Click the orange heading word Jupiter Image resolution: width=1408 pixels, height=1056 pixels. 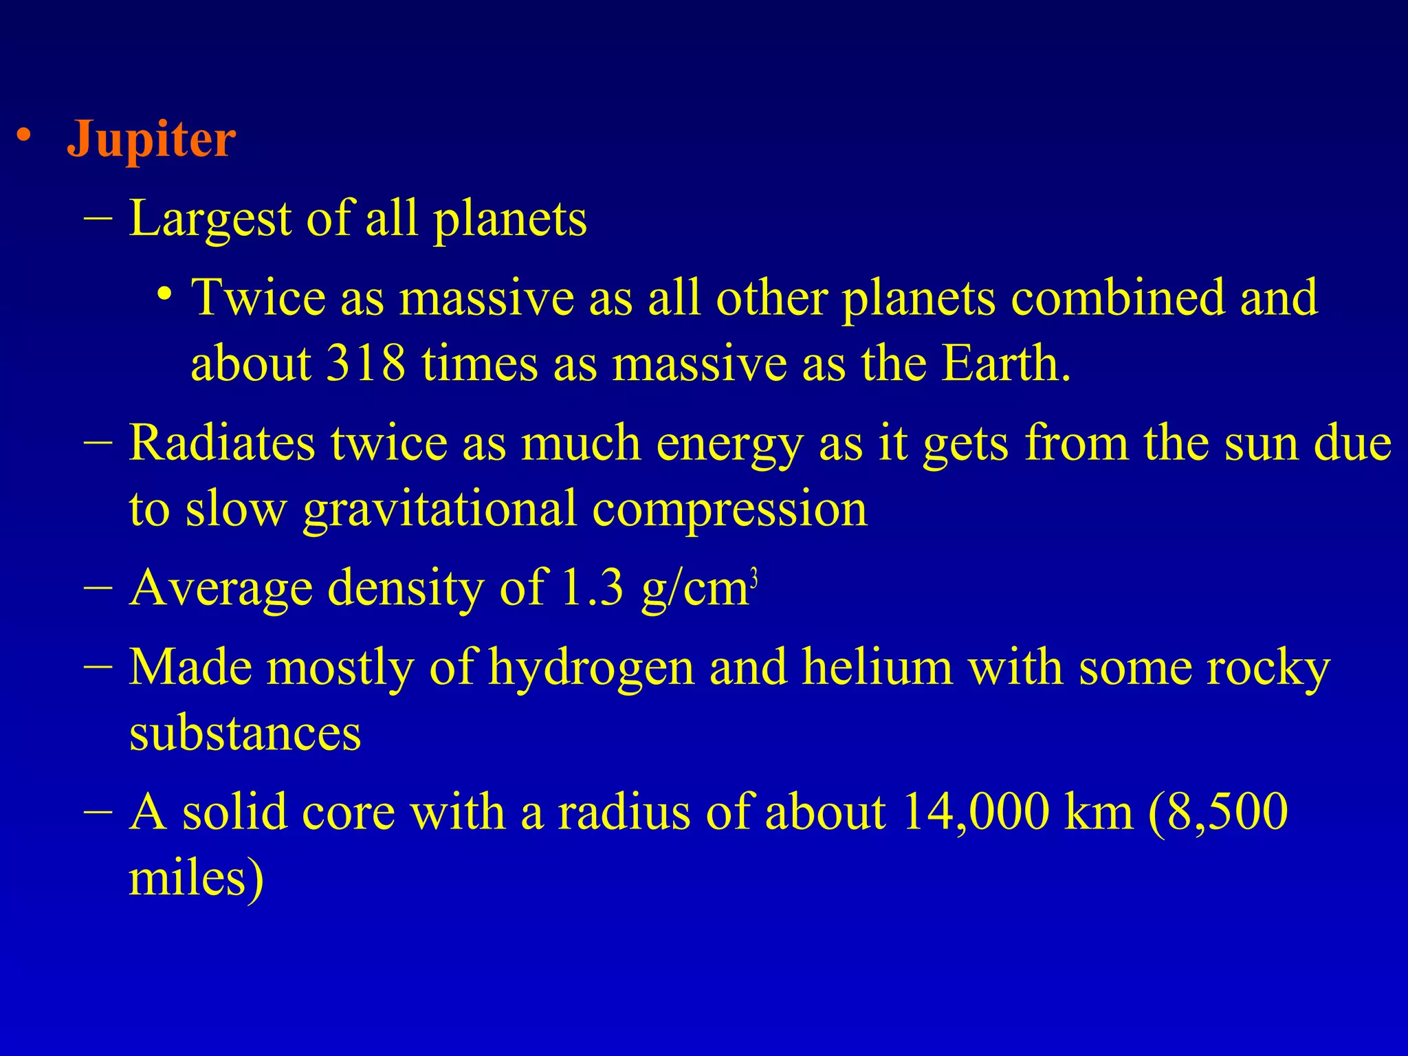coord(151,140)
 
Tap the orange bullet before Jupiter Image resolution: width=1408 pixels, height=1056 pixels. coord(25,134)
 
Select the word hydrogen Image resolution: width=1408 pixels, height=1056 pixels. coord(591,668)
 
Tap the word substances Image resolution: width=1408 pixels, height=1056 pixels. coord(245,733)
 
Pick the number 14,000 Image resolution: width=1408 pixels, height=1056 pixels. coord(976,812)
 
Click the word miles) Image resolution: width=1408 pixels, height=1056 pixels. coord(196,879)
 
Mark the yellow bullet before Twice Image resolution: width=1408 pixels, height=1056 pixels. coord(164,294)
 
